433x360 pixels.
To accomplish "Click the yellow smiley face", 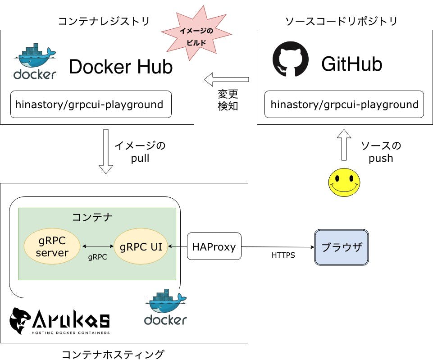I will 344,182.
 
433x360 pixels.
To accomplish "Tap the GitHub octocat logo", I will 290,59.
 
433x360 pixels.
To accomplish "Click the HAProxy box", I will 214,246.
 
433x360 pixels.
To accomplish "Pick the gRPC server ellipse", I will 52,246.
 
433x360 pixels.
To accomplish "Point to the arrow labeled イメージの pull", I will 106,151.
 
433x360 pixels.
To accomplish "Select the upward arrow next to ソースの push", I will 344,145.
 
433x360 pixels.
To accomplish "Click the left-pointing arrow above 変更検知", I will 226,80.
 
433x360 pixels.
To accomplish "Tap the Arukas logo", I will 59,321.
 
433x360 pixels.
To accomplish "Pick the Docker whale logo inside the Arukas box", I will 165,309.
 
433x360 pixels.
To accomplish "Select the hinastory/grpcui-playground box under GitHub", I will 344,105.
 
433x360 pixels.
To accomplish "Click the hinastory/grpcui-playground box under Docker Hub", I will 91,105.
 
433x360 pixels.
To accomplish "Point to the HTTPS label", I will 283,255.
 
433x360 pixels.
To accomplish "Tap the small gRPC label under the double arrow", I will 97,257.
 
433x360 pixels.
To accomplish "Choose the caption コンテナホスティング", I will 113,354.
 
